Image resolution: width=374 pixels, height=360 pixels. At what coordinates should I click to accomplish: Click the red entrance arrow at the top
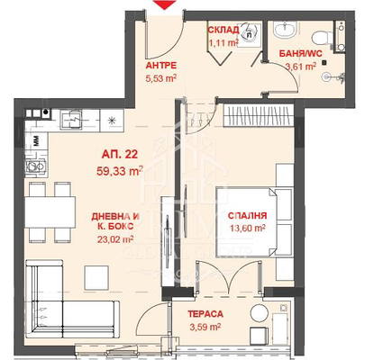164,4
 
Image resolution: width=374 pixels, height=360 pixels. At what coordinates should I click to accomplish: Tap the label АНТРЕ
161,66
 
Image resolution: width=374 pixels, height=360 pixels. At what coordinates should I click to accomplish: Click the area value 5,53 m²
160,79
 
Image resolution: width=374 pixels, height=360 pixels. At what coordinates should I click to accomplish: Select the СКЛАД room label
223,30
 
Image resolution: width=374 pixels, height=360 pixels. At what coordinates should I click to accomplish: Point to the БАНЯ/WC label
301,54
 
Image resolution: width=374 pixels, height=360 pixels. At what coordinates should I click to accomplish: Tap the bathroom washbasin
285,30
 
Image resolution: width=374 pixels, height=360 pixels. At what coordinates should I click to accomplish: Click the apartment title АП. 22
120,155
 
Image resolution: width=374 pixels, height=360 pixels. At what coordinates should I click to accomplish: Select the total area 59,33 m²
120,171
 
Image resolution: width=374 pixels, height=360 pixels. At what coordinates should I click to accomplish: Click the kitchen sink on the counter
70,119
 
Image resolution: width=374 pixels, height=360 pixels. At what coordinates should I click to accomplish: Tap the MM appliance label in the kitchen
37,141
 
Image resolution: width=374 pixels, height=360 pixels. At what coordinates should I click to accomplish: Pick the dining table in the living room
50,212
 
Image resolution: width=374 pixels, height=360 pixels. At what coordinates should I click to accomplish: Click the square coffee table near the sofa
96,278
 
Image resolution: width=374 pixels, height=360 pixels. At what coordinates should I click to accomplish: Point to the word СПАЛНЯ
247,216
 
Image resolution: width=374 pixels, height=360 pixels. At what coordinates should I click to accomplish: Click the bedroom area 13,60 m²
248,229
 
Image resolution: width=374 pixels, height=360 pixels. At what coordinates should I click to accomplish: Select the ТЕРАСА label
205,314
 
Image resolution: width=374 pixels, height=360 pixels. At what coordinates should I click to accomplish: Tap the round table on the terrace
260,314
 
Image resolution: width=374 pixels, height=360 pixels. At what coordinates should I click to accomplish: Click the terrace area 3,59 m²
205,327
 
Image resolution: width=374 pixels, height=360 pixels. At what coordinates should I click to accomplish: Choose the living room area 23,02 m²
115,239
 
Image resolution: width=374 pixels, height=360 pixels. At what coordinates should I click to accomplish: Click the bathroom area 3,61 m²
301,67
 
